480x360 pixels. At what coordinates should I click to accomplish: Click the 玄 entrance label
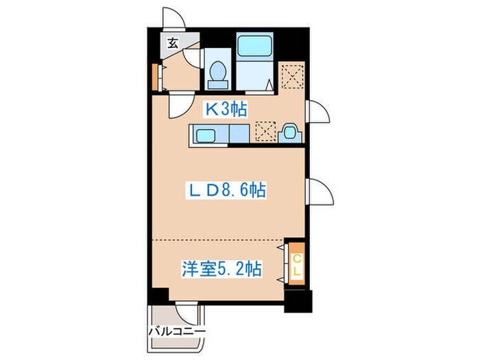[172, 43]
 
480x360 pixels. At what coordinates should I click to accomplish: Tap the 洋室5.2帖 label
[221, 268]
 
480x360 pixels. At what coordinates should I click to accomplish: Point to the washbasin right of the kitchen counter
[289, 132]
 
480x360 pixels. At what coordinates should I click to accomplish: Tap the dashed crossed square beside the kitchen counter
[265, 132]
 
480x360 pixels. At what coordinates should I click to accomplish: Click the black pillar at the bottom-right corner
[298, 300]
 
